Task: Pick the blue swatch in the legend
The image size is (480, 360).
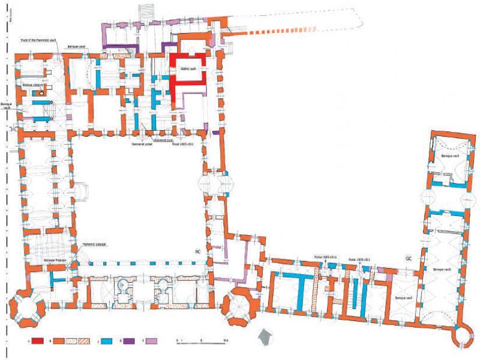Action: [x=110, y=341]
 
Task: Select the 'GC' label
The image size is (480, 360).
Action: [x=409, y=258]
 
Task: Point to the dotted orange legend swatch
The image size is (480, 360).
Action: [x=75, y=341]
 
